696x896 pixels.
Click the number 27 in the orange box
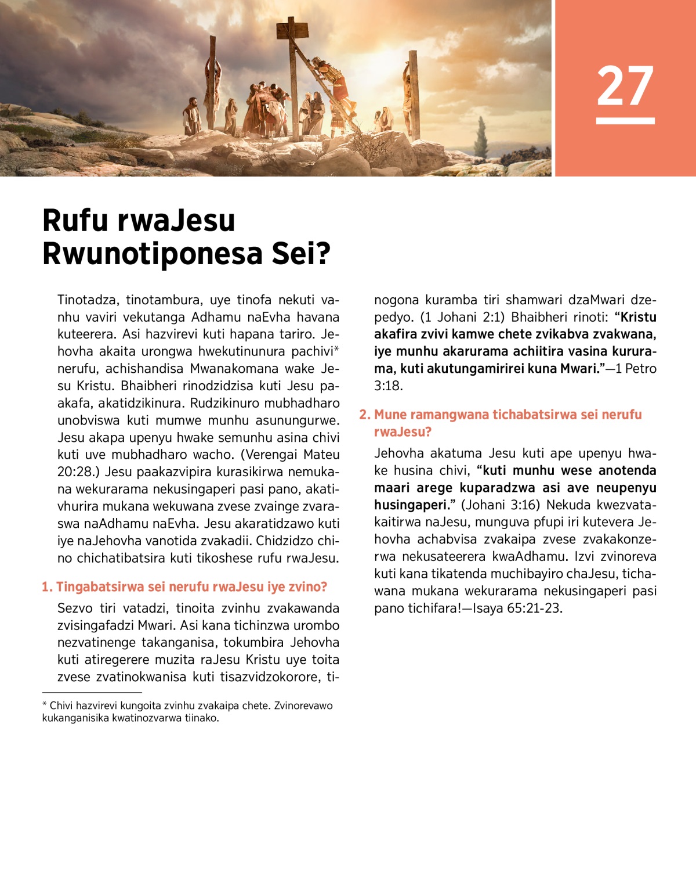click(x=625, y=85)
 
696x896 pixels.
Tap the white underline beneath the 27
click(x=625, y=121)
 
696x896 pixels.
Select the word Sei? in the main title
click(x=301, y=254)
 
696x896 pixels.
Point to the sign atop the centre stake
click(x=292, y=28)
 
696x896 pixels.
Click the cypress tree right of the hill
click(x=481, y=138)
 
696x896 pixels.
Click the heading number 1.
click(x=46, y=587)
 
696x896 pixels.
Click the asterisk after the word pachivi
click(x=336, y=350)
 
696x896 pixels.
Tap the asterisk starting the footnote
click(x=45, y=705)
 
